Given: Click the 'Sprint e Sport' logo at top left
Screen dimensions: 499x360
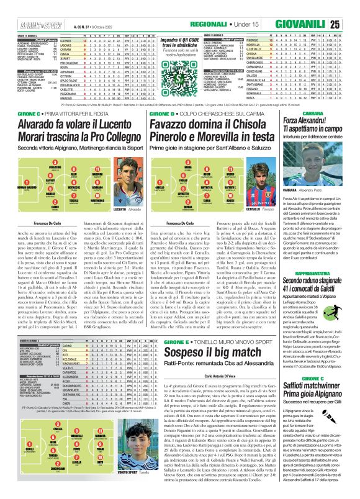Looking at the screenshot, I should coord(23,24).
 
